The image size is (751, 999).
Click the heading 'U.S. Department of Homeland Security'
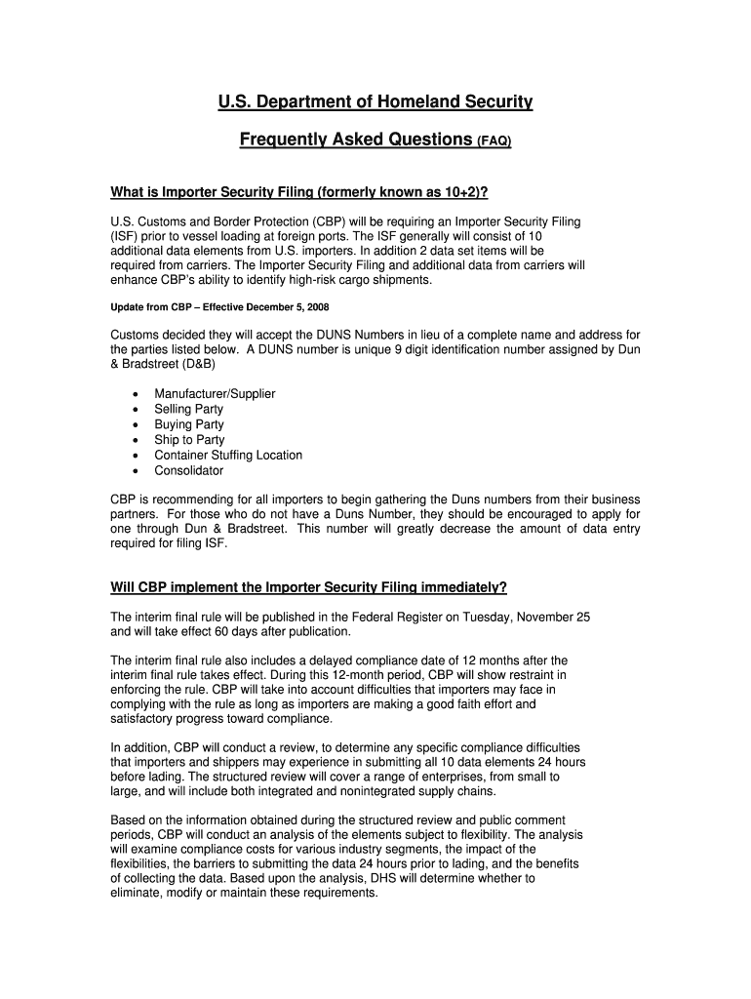[x=375, y=101]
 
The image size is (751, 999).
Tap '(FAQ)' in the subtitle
[x=494, y=141]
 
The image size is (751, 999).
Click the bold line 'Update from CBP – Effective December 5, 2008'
[x=211, y=307]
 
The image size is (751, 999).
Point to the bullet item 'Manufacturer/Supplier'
[x=215, y=394]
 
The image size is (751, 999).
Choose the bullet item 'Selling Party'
[x=188, y=410]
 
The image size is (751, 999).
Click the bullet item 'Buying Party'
[x=188, y=424]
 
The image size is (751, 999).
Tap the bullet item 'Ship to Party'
[x=189, y=440]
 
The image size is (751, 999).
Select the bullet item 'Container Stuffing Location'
[x=228, y=456]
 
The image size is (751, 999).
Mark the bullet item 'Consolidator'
[x=188, y=470]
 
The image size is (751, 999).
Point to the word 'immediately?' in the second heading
[x=459, y=587]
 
